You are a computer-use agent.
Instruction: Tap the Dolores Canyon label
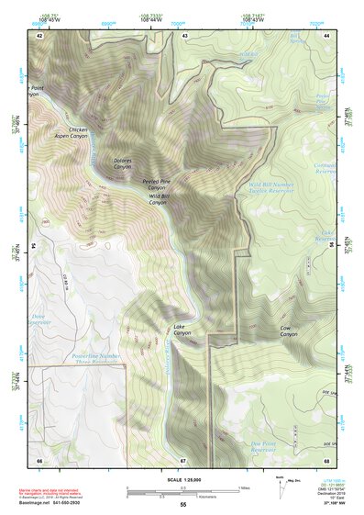tap(122, 164)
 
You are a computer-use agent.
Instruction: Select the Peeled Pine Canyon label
tap(158, 185)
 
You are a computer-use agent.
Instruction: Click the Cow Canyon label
tap(289, 331)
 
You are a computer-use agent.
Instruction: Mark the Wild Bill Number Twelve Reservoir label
tap(270, 188)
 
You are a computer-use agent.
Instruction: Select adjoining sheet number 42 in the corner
tap(39, 35)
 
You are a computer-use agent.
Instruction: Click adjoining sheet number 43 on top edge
tap(184, 35)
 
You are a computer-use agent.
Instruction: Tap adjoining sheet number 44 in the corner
tap(327, 35)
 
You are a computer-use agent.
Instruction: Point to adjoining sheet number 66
tap(39, 460)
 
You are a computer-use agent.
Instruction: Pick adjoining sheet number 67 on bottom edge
tap(183, 460)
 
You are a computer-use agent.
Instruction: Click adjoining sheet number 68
tap(327, 460)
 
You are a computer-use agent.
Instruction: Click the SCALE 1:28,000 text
tap(183, 479)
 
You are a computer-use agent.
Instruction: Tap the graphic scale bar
tap(183, 490)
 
